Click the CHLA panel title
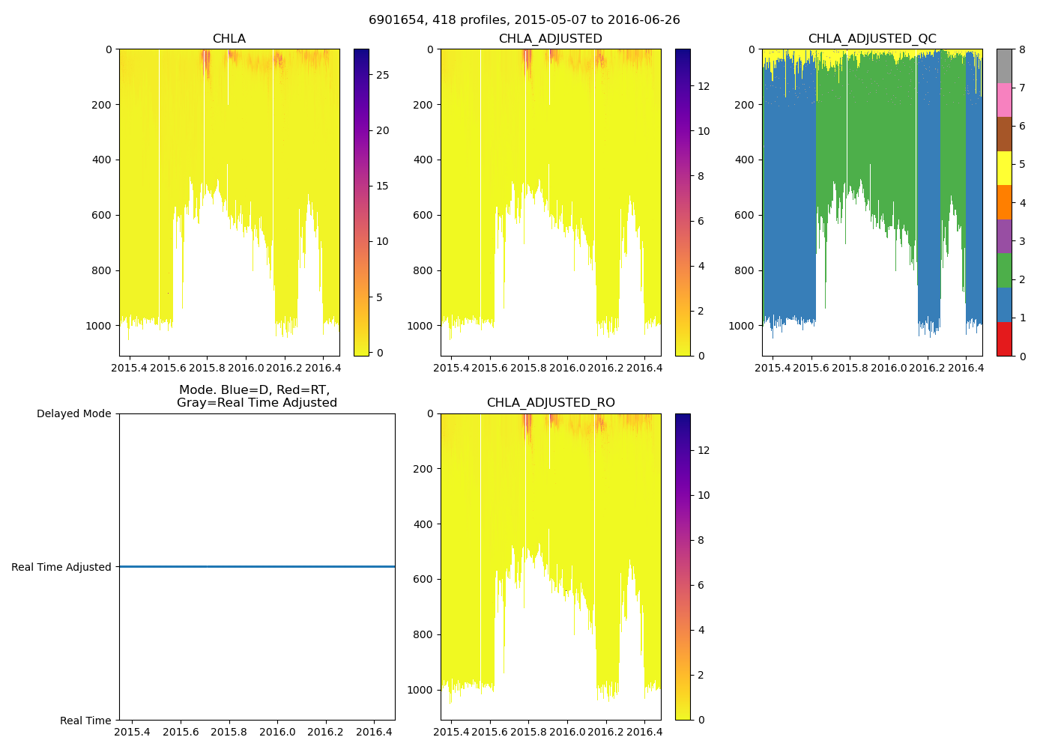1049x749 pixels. pos(229,39)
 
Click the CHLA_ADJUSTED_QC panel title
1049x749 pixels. pos(871,39)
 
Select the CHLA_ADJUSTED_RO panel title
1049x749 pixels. pos(551,403)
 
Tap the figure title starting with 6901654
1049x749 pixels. pos(524,20)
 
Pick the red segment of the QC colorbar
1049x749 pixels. pos(1004,339)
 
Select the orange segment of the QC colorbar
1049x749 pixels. pos(1004,202)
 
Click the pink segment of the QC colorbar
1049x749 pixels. pos(1004,100)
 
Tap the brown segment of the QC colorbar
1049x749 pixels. pos(1004,134)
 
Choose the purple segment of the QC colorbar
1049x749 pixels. pos(1004,236)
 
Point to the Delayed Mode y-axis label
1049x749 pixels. pos(73,413)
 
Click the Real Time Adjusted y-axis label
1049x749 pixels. pos(61,567)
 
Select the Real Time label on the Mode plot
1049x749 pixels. pos(85,721)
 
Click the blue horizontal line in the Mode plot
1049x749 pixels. pos(257,567)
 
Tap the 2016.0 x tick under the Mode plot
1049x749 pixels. pos(277,732)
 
